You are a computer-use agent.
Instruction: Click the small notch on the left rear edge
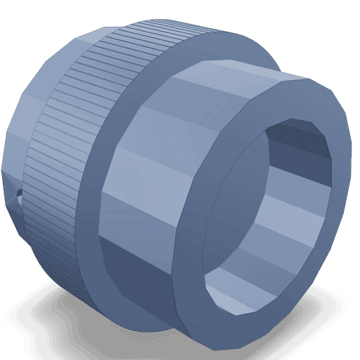tap(19, 196)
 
